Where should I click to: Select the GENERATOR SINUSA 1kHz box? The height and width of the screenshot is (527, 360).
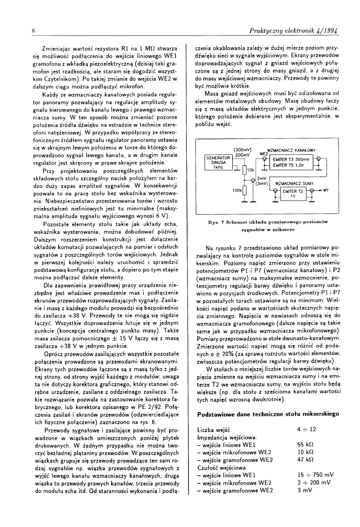[x=218, y=162]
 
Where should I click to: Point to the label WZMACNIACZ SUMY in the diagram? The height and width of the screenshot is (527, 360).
[x=294, y=184]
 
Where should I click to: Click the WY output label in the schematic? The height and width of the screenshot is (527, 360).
[x=326, y=191]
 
